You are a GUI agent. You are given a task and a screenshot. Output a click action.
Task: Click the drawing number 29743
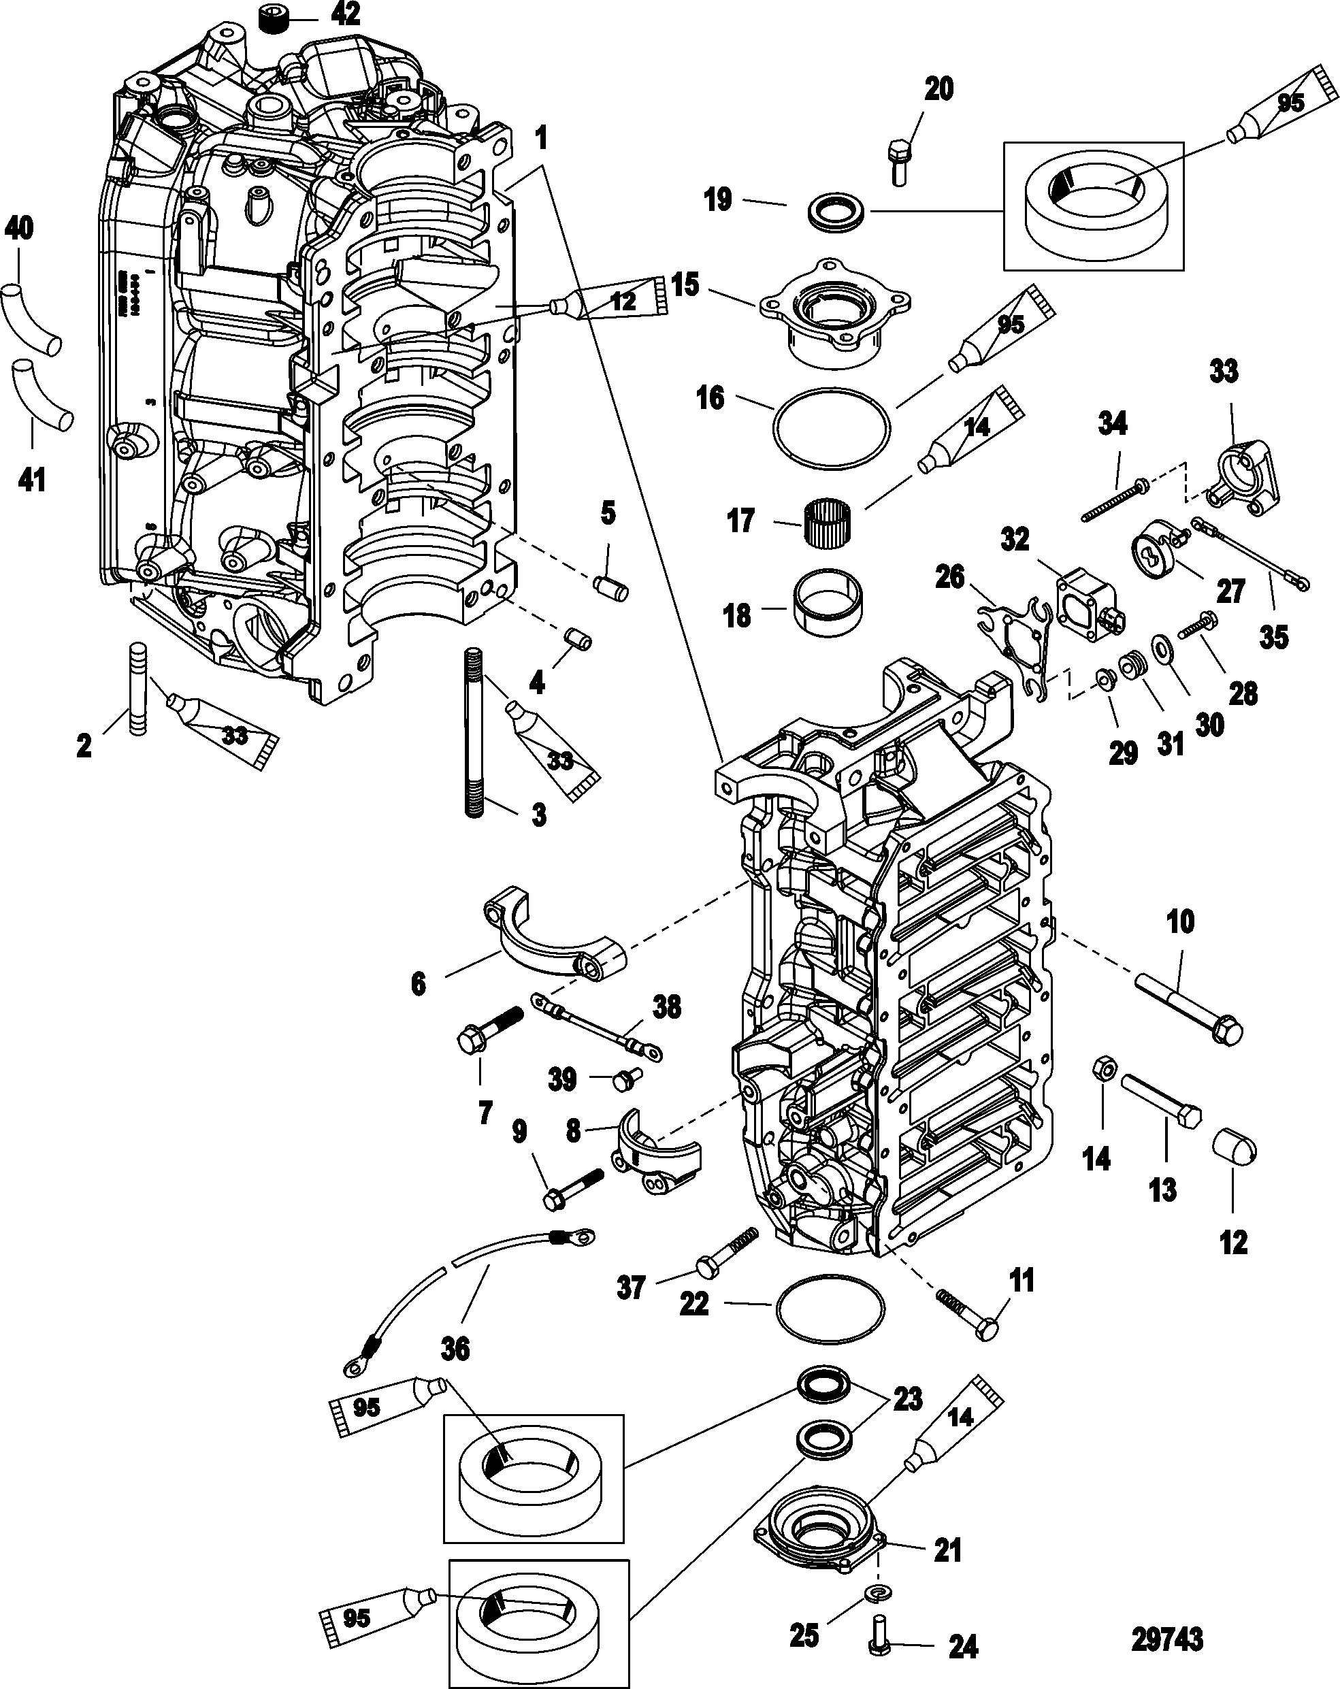point(1167,1638)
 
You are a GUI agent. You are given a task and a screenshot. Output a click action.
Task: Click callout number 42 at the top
point(346,14)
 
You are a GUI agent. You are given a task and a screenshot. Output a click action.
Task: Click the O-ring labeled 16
point(832,429)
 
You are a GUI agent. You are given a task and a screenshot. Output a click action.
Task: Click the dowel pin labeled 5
point(611,587)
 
